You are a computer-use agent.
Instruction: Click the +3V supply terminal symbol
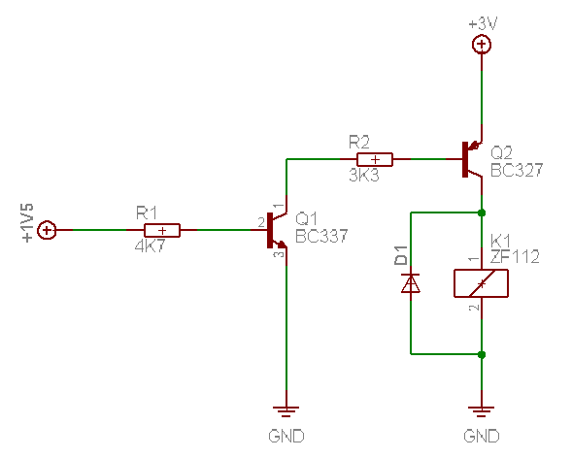click(x=482, y=45)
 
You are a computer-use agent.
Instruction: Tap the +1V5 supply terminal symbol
click(x=47, y=230)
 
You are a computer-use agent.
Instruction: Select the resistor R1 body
click(x=162, y=230)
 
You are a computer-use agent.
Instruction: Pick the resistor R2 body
click(x=375, y=159)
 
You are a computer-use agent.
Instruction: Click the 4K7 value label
click(x=150, y=246)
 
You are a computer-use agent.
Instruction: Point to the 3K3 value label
click(x=364, y=176)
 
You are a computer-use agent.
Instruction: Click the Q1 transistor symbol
click(x=277, y=230)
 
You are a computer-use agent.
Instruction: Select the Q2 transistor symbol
click(x=472, y=159)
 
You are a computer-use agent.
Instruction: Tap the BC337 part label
click(x=321, y=236)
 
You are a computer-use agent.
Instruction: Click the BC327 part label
click(x=517, y=170)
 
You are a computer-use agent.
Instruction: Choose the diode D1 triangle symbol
click(x=411, y=283)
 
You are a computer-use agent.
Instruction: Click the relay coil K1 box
click(x=481, y=283)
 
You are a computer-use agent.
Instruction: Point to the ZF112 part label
click(x=515, y=257)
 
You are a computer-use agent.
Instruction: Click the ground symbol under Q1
click(x=286, y=411)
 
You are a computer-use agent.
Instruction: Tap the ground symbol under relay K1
click(x=482, y=411)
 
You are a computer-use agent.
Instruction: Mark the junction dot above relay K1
click(x=482, y=213)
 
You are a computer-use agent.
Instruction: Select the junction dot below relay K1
click(x=482, y=354)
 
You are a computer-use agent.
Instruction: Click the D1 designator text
click(x=400, y=255)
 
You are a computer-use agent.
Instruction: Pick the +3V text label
click(x=483, y=24)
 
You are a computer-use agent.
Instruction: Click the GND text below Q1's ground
click(x=286, y=436)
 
